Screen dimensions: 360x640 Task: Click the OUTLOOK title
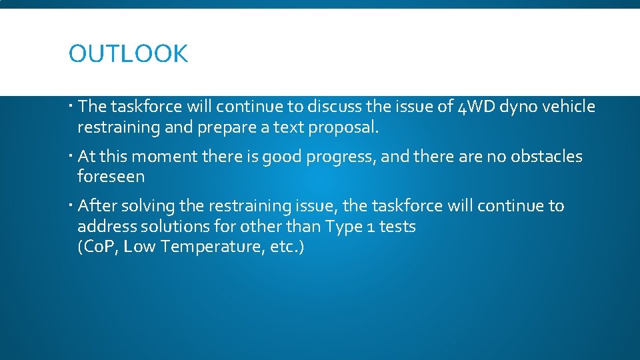point(128,54)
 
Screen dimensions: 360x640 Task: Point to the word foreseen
point(111,177)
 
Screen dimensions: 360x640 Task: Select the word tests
point(398,227)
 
